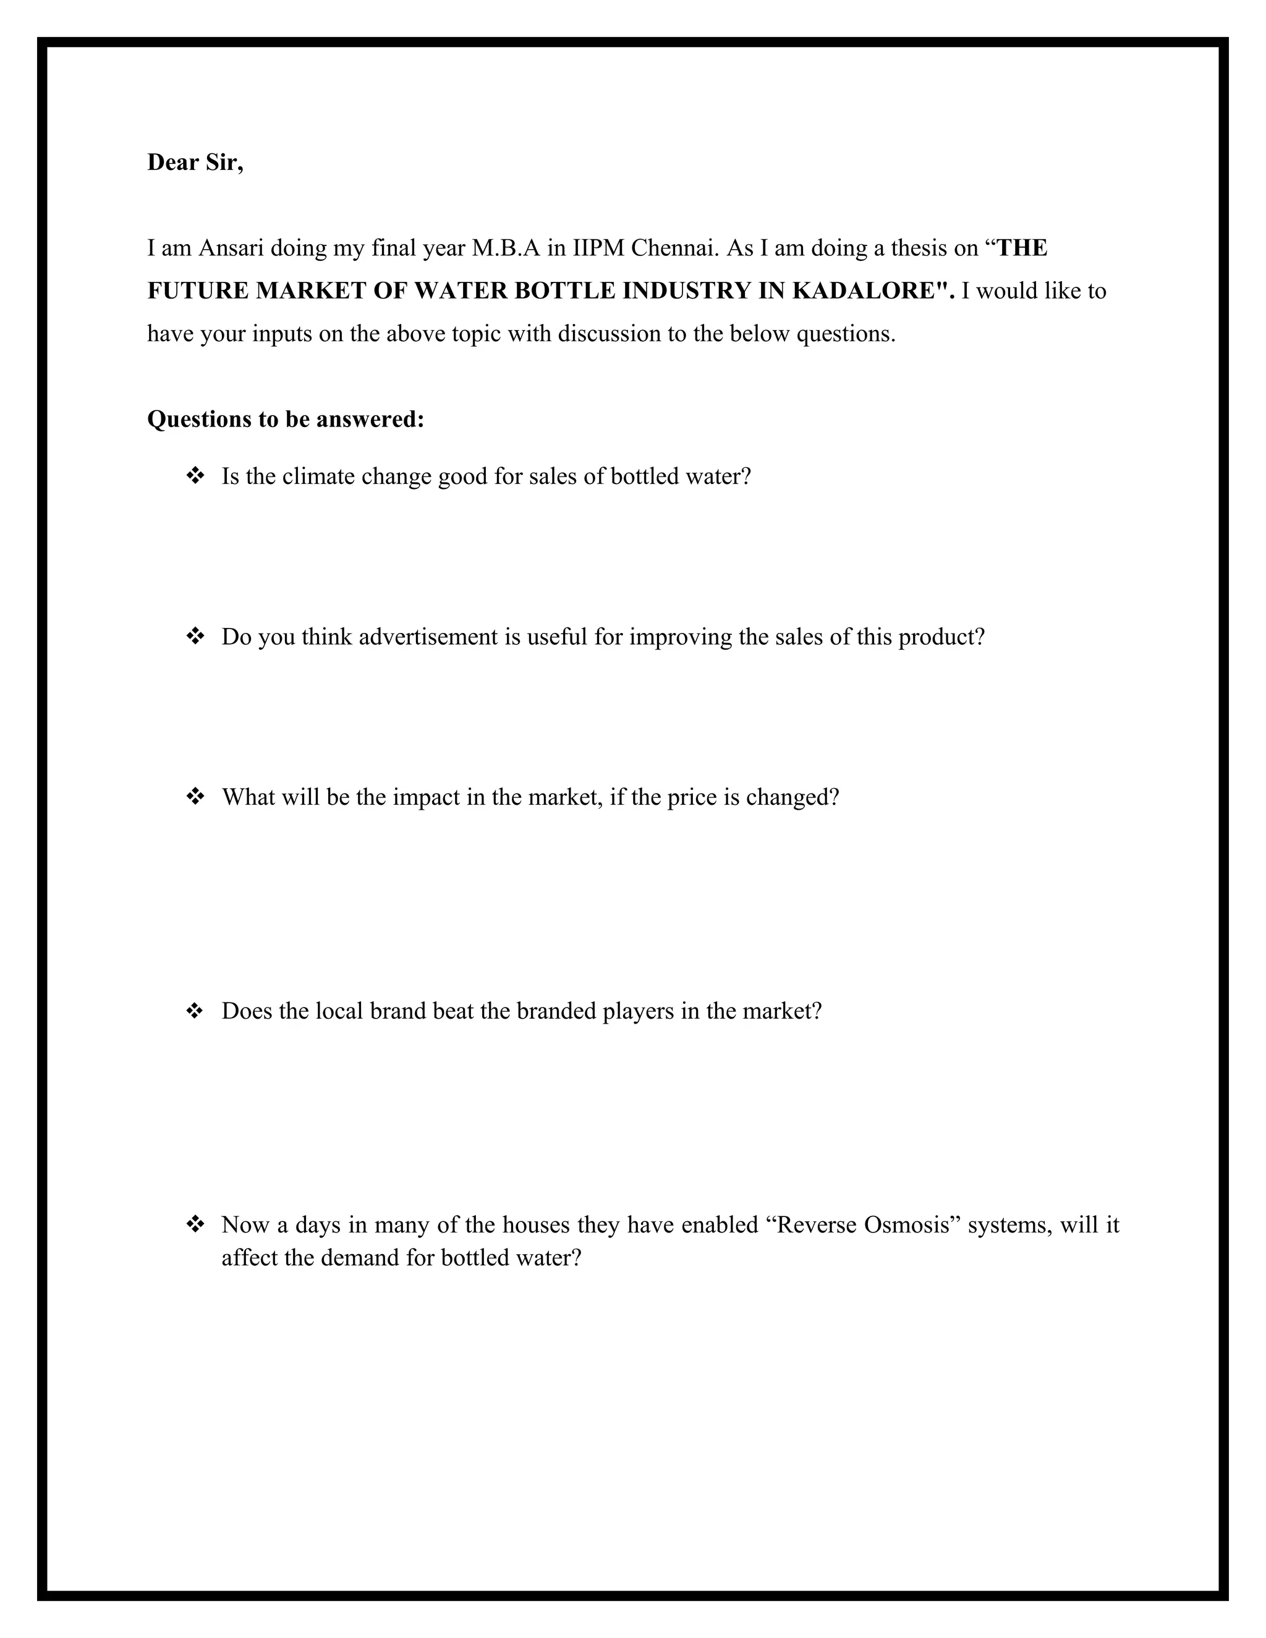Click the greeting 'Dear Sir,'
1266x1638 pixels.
click(x=195, y=162)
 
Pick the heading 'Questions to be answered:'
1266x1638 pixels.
click(x=286, y=418)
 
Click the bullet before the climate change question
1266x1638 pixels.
click(x=195, y=475)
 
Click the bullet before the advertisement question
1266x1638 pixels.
click(x=195, y=636)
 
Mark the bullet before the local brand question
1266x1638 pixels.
click(x=195, y=1010)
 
